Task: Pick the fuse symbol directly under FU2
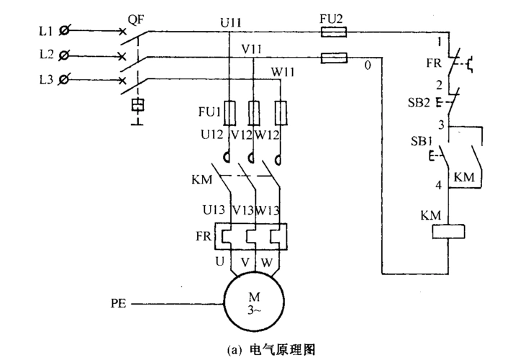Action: pyautogui.click(x=334, y=32)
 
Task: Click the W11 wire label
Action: pyautogui.click(x=283, y=71)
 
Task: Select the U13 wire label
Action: pyautogui.click(x=214, y=210)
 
